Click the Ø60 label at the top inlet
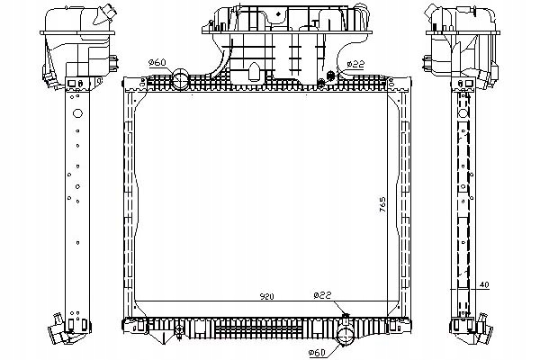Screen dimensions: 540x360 [157, 61]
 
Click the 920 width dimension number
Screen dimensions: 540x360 [238, 295]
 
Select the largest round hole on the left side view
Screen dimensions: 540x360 [76, 114]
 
